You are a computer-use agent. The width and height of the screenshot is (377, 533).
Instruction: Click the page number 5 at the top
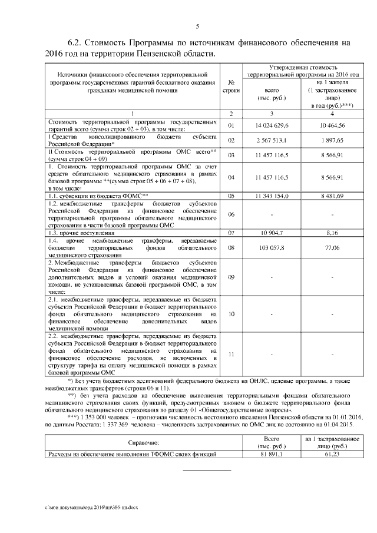click(x=197, y=25)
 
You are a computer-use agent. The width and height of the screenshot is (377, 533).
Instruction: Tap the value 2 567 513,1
click(x=271, y=140)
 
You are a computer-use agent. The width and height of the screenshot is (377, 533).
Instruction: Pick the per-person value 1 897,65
click(x=332, y=140)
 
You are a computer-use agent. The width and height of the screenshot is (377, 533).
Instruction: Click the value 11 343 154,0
click(x=271, y=196)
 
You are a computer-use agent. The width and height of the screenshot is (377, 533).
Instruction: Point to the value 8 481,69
click(x=332, y=196)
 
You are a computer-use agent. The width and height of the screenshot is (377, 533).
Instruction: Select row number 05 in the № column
click(x=232, y=196)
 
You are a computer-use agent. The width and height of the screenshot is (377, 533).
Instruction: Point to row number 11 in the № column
click(x=232, y=354)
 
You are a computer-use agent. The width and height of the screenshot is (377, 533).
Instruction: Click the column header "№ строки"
click(x=232, y=87)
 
